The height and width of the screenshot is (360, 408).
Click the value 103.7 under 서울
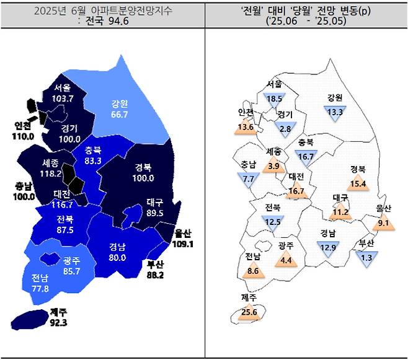64,99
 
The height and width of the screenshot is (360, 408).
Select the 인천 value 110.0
25,136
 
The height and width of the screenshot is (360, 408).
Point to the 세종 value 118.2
51,174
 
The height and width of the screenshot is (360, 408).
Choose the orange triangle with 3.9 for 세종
273,166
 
